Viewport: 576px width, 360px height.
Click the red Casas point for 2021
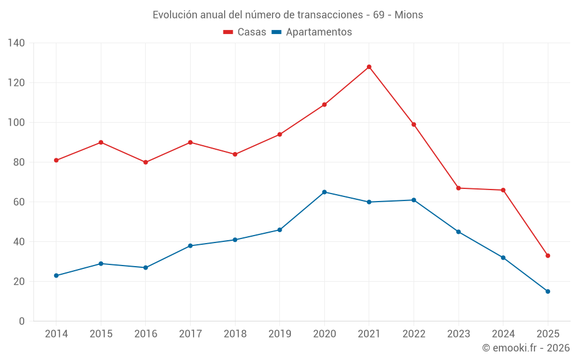[369, 67]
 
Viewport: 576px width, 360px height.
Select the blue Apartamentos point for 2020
[324, 192]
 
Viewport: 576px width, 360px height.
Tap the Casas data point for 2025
[548, 256]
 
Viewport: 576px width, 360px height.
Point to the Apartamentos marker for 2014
[56, 275]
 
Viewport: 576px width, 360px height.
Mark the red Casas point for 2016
[146, 162]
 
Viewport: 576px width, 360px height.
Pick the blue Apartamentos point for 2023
[458, 232]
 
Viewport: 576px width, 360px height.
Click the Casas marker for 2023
[458, 188]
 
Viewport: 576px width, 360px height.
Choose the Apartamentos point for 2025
[548, 291]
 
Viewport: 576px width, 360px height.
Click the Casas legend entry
[245, 32]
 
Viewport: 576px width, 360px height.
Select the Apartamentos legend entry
[312, 32]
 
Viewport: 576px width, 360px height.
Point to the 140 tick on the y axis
[17, 43]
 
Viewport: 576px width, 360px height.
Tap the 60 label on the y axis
[20, 202]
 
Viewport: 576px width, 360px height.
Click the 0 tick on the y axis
[22, 321]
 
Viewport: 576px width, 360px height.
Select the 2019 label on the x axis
[279, 334]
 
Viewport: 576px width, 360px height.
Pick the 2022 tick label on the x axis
[414, 334]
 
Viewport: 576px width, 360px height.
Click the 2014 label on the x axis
[56, 334]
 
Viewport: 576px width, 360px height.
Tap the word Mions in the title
[408, 15]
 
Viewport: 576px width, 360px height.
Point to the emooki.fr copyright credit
[526, 348]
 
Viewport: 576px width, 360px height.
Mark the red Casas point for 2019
[279, 134]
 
